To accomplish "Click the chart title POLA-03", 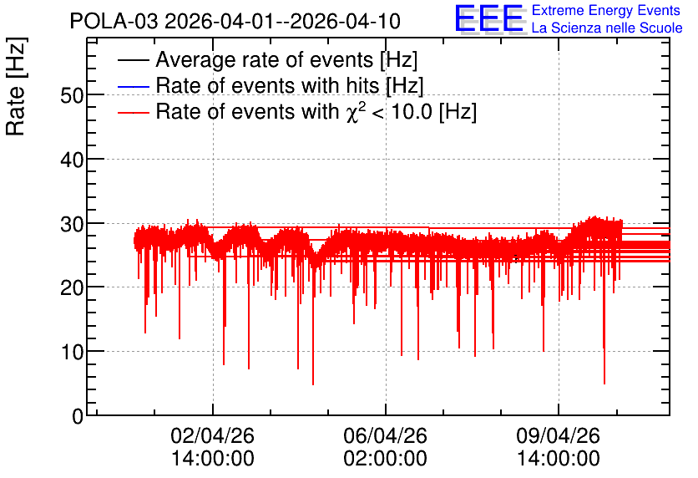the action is click(x=114, y=22).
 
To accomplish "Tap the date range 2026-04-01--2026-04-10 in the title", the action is click(x=283, y=22).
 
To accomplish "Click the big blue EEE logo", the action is click(x=488, y=18).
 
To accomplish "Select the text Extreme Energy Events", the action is click(x=606, y=10).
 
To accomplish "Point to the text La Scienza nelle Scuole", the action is click(x=607, y=28).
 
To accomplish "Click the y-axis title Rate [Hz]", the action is click(x=16, y=86).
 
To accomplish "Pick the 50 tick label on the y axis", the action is click(x=72, y=95).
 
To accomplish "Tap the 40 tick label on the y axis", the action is click(x=72, y=159).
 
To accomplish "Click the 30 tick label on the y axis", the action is click(x=72, y=224).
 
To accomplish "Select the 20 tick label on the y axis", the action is click(x=72, y=287).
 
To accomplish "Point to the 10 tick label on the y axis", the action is click(x=72, y=352).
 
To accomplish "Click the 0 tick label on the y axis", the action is click(x=78, y=416).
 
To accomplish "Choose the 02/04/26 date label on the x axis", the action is click(x=212, y=435).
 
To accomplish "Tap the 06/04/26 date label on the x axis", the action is click(x=385, y=435).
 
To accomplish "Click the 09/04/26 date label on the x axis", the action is click(x=559, y=435).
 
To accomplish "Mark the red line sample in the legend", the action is click(x=133, y=113).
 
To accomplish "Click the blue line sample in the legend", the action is click(x=133, y=87).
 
